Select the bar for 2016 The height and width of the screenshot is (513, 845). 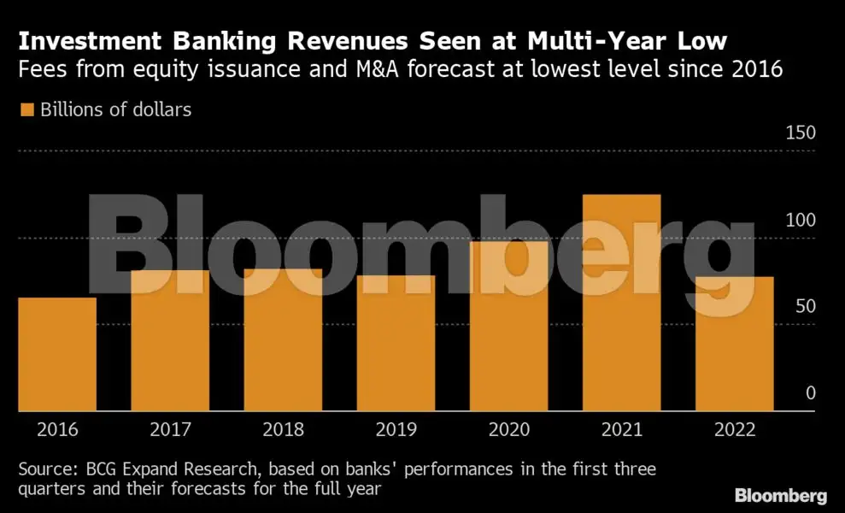(56, 354)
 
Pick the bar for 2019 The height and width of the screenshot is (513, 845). (396, 343)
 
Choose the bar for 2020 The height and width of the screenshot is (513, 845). (508, 326)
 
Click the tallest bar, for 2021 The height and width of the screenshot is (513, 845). (621, 303)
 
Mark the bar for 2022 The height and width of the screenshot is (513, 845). (734, 344)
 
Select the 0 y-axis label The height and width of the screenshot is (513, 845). (811, 393)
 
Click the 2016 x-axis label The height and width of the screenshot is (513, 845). (56, 428)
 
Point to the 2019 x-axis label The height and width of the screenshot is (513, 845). (396, 428)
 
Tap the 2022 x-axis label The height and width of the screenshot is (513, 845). (734, 428)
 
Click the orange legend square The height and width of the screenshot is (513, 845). (26, 109)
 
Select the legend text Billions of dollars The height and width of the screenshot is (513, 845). (115, 109)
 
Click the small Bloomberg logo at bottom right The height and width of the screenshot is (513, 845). (780, 495)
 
